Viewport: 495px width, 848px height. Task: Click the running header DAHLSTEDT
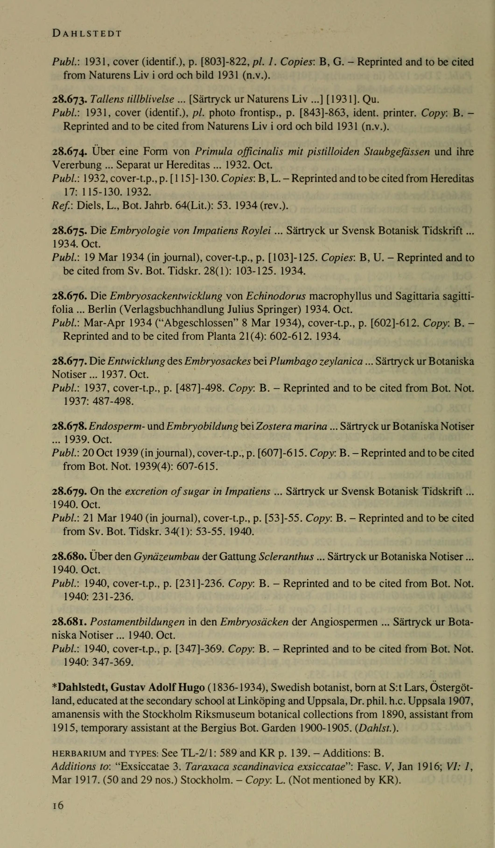point(87,34)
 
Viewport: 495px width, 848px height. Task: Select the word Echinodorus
point(276,296)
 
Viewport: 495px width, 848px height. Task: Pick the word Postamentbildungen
point(138,622)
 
